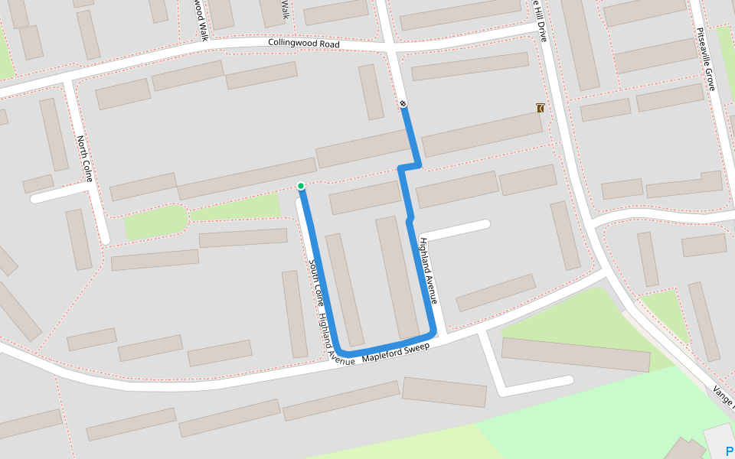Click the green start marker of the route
coord(301,186)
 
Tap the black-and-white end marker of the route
coord(403,103)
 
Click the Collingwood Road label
coord(303,44)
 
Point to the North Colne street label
coord(84,159)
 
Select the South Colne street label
coord(315,283)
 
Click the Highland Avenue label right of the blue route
coord(428,271)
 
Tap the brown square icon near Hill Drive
coord(541,109)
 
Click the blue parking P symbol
coord(728,450)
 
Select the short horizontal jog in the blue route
coord(410,166)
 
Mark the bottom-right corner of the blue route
coord(434,333)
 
